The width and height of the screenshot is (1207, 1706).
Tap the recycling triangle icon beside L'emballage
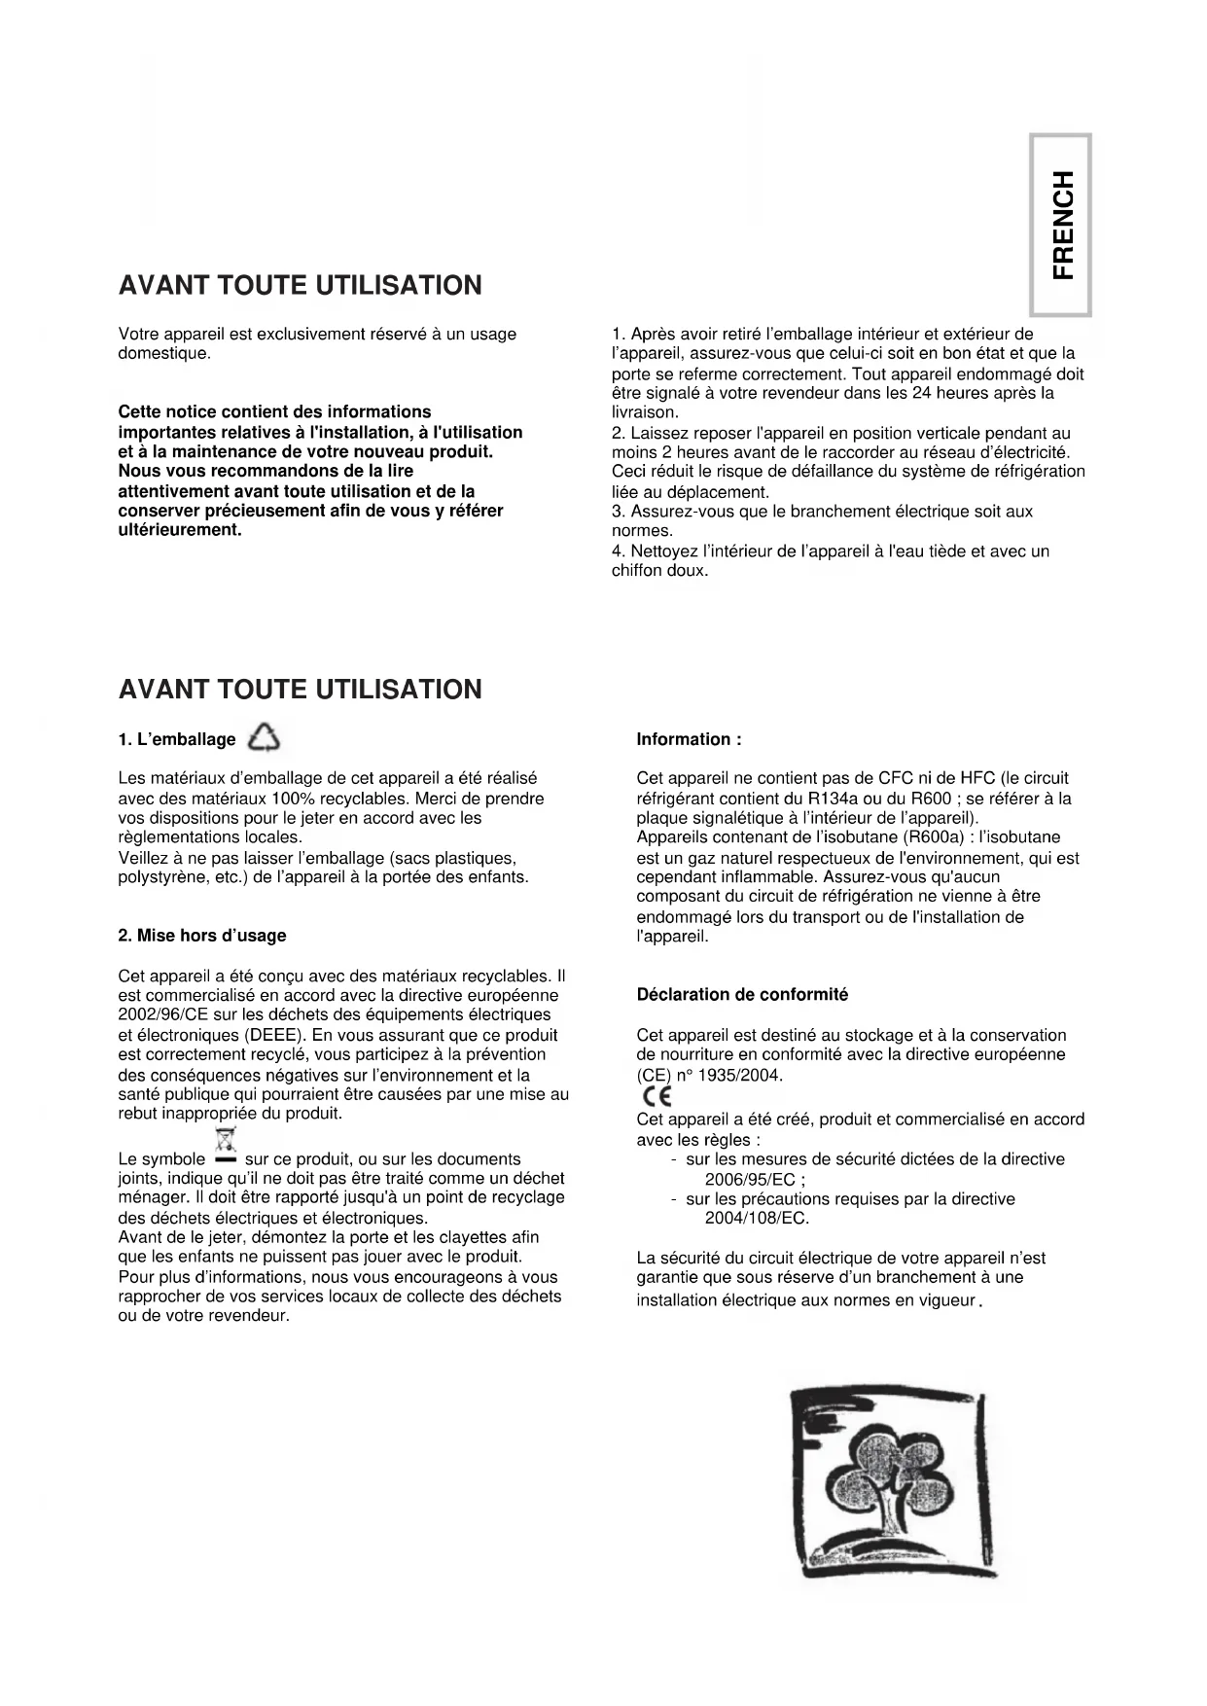click(264, 739)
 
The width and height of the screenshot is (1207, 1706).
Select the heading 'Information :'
click(689, 739)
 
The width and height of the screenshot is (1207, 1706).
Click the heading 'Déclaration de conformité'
click(742, 994)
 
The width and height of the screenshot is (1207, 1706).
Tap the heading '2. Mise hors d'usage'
click(202, 936)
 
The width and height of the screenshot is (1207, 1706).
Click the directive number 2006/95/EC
click(750, 1180)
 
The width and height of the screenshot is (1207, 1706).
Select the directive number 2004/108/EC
click(757, 1219)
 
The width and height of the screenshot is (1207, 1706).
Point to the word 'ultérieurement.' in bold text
click(180, 530)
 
